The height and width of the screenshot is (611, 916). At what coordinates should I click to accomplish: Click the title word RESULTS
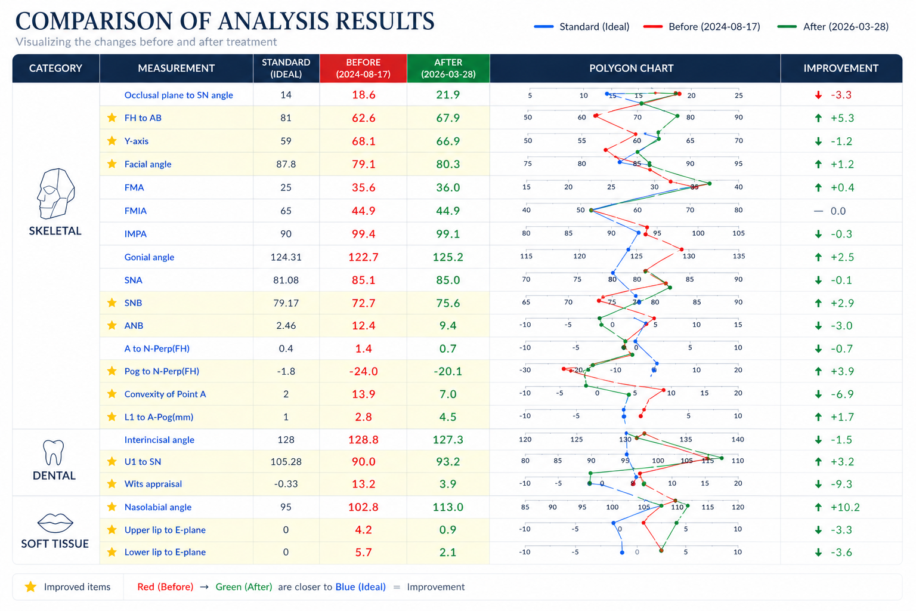coord(384,21)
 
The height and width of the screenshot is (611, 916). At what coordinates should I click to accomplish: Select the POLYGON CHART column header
coord(631,68)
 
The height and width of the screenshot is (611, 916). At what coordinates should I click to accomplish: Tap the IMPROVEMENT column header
coord(840,68)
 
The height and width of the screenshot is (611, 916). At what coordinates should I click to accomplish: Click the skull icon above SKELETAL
coord(55,194)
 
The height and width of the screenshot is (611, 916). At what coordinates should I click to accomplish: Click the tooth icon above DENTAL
coord(54,453)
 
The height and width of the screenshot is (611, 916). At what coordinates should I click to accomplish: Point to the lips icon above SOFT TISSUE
coord(55,523)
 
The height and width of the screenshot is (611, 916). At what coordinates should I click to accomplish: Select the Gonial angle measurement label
coord(149,257)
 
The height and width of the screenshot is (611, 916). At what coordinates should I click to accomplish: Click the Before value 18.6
coord(363,95)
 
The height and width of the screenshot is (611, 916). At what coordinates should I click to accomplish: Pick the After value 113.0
coord(448,507)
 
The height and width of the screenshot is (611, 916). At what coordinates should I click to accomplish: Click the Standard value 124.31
coord(286,257)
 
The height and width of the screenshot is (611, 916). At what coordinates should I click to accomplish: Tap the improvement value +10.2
coord(845,507)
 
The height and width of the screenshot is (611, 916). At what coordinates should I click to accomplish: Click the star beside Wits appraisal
coord(112,484)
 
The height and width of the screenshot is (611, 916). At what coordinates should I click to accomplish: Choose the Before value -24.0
coord(363,371)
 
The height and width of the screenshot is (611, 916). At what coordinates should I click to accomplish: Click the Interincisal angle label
coord(159,440)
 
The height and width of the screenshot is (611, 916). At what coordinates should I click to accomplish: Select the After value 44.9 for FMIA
coord(448,211)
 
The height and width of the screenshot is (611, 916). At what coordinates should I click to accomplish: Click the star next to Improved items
coord(30,587)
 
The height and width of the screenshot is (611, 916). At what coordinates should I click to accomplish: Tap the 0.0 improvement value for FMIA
coord(838,211)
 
